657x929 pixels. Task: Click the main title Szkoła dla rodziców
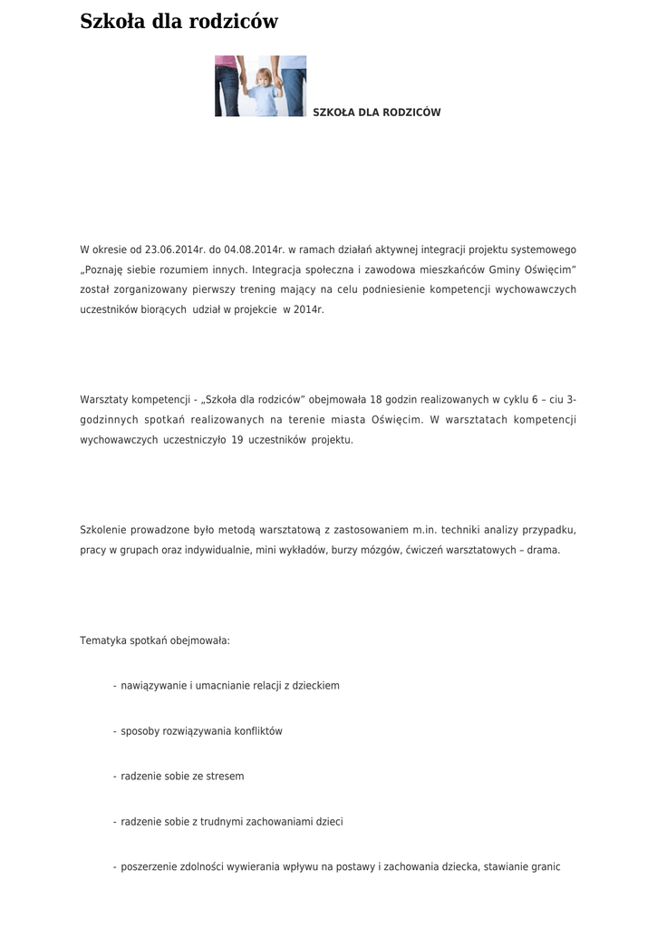179,22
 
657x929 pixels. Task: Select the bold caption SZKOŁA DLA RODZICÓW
376,112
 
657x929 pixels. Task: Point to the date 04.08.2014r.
255,249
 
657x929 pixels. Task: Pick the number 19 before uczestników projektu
237,440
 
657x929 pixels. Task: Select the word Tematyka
102,641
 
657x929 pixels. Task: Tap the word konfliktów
258,731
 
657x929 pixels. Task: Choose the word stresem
226,777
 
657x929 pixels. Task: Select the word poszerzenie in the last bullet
149,867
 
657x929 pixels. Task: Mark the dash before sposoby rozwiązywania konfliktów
114,731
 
